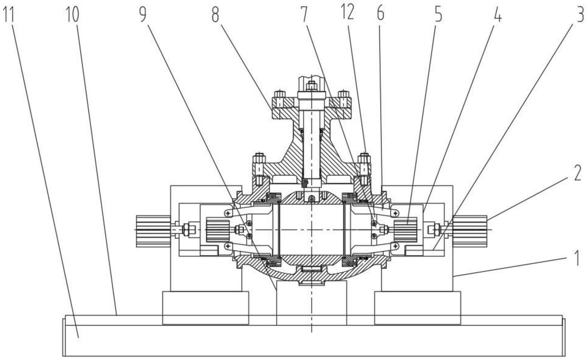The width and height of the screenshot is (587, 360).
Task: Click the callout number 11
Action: (9, 15)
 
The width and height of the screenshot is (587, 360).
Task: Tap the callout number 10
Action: (72, 15)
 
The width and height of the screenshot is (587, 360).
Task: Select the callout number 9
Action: (143, 15)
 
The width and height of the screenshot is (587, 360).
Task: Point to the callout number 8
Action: (215, 15)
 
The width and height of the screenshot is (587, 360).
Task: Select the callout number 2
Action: (577, 173)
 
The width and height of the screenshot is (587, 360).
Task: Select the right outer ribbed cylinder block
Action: (470, 231)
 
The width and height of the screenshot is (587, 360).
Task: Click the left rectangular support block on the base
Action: (205, 308)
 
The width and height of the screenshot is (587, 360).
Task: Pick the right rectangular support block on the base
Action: (418, 308)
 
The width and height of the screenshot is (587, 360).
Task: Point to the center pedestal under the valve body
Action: (312, 303)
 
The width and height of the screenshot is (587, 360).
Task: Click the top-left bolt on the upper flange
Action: (280, 94)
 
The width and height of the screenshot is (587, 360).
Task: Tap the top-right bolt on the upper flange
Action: (344, 94)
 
